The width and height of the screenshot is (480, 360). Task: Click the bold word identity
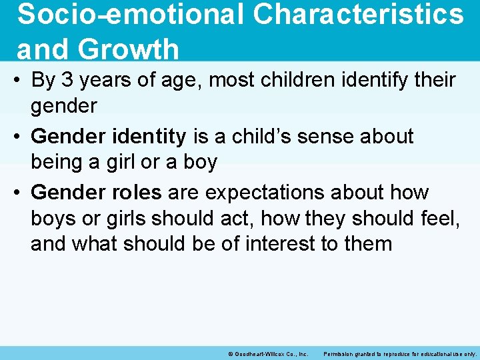151,137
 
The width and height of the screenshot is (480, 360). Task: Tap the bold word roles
139,193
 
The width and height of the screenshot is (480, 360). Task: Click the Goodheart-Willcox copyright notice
268,354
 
